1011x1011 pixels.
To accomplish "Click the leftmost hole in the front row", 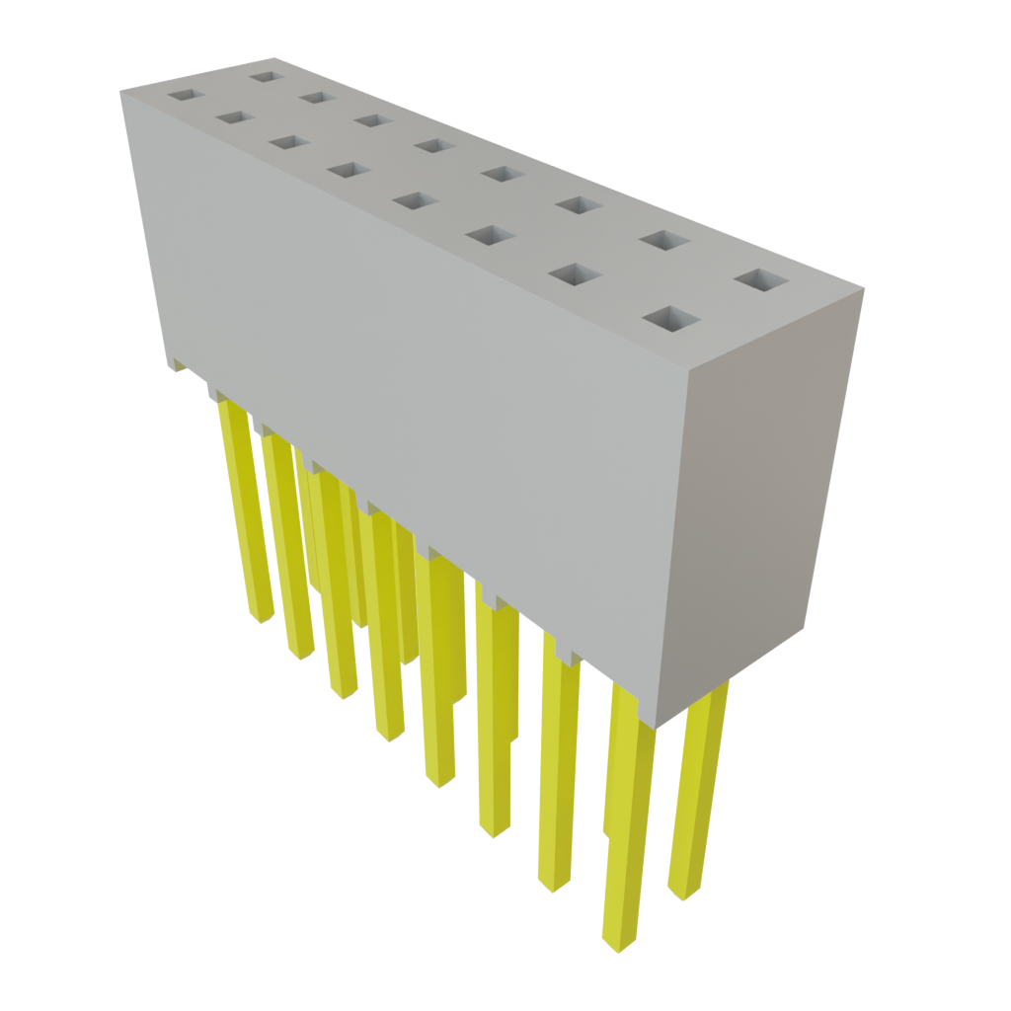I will click(184, 96).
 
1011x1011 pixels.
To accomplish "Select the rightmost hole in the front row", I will click(671, 319).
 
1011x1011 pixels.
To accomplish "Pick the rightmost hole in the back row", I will click(761, 280).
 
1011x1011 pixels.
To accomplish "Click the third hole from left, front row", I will click(288, 143).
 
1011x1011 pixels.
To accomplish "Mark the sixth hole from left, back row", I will click(579, 204).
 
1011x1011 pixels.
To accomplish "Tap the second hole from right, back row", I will click(663, 239).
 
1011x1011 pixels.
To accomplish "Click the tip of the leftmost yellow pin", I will click(261, 618).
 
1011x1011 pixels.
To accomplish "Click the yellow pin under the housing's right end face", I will click(696, 790).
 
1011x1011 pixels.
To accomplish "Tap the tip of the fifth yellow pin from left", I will click(440, 781).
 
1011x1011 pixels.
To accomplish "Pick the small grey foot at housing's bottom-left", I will click(177, 364).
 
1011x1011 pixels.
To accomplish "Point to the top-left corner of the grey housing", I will click(120, 89).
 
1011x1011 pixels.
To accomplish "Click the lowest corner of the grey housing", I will click(659, 727).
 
